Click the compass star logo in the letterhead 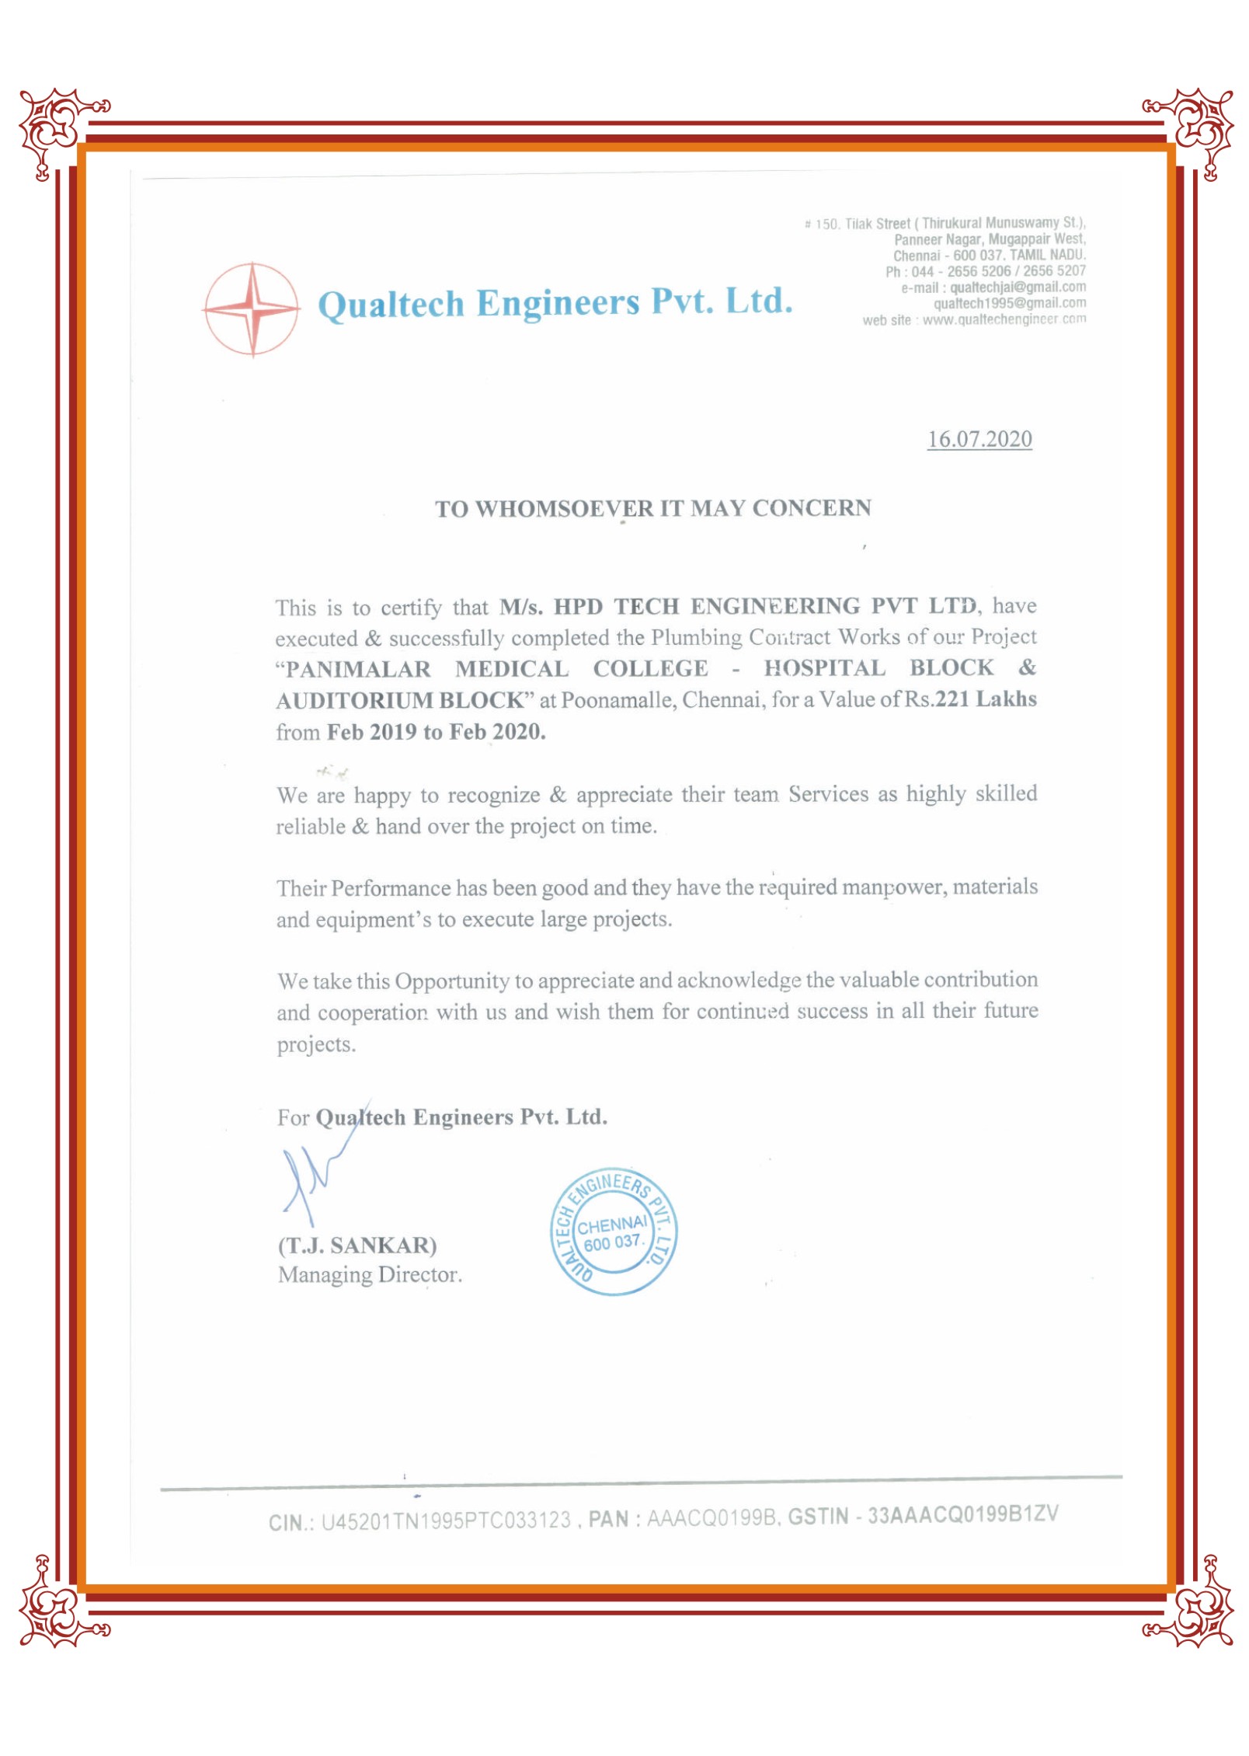(x=252, y=309)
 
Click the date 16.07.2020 (x=979, y=439)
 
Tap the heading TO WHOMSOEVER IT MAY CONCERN (x=652, y=508)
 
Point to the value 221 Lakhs (x=986, y=699)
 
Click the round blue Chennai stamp (x=613, y=1232)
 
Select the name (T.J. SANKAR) (x=357, y=1246)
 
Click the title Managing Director (x=370, y=1275)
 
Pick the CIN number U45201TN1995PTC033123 (x=446, y=1521)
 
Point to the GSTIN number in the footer (x=962, y=1514)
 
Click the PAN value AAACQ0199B (x=712, y=1517)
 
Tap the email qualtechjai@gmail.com (x=1018, y=287)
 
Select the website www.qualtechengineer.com (x=1004, y=319)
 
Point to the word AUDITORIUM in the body (x=354, y=701)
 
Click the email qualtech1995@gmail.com (x=1009, y=303)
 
